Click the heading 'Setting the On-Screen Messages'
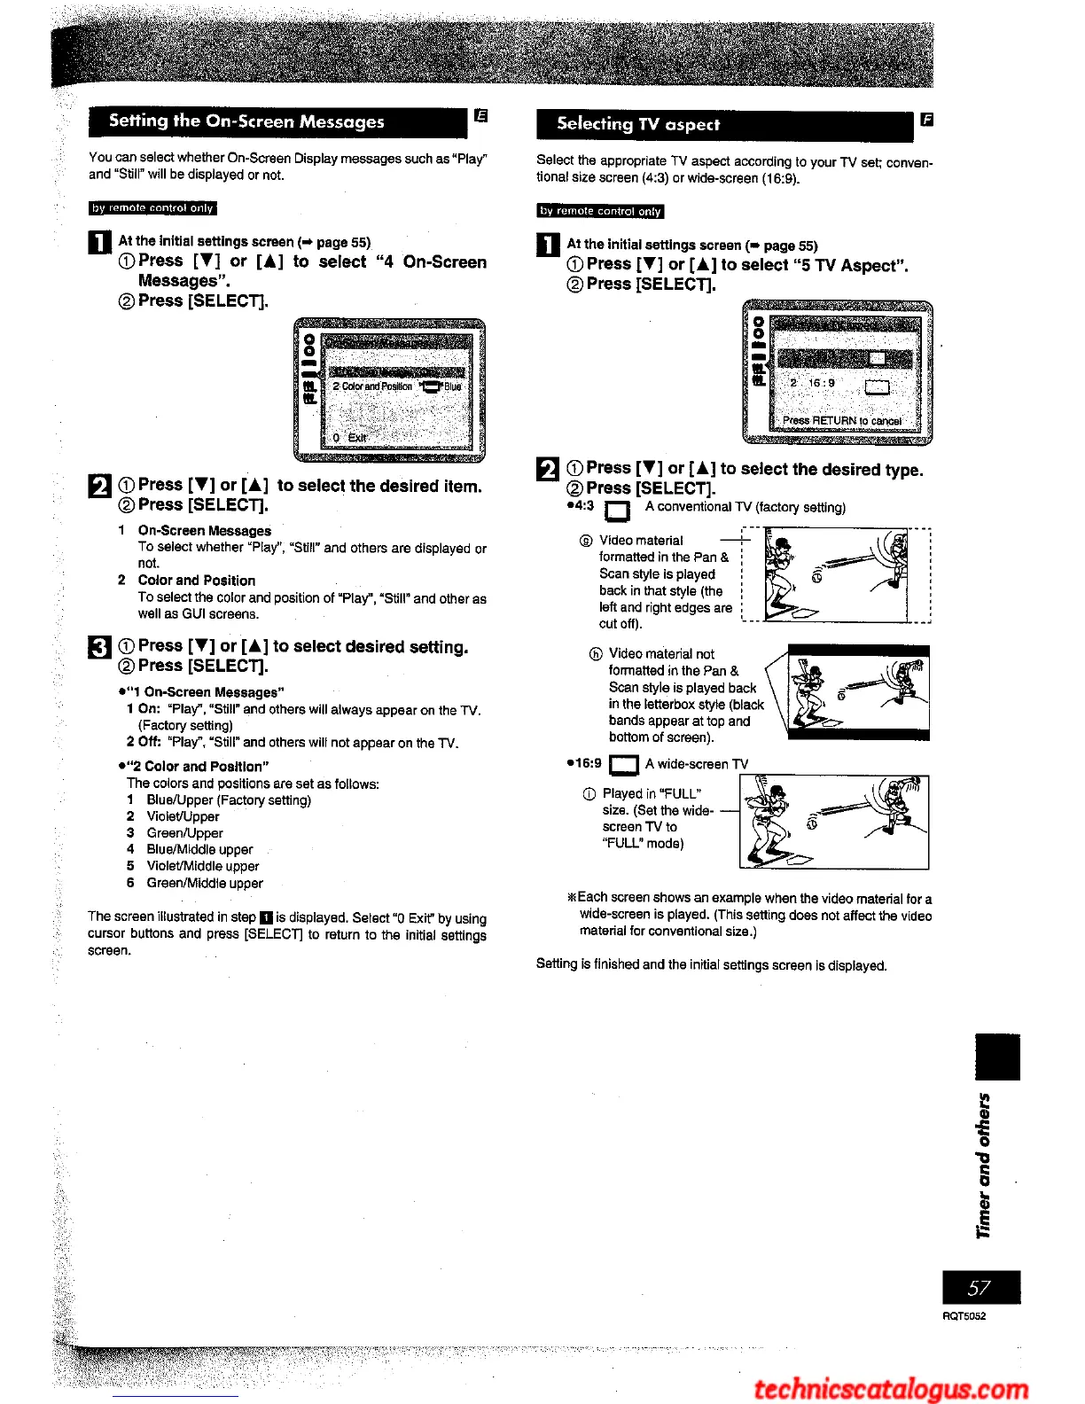pos(246,121)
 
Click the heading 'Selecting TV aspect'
pos(638,124)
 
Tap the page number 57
pos(980,1288)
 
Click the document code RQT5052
pos(964,1316)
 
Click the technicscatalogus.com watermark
pos(891,1389)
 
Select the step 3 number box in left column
pos(99,649)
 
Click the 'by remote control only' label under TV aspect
pos(600,211)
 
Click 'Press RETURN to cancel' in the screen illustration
pos(841,420)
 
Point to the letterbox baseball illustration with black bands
pos(858,692)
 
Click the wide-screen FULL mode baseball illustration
pos(834,822)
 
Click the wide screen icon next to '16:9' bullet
pos(624,765)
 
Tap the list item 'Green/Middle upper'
pos(205,883)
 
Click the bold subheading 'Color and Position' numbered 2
pos(197,581)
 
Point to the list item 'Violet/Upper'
pos(183,816)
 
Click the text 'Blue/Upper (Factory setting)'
pos(229,799)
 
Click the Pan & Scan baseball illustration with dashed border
pos(836,576)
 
